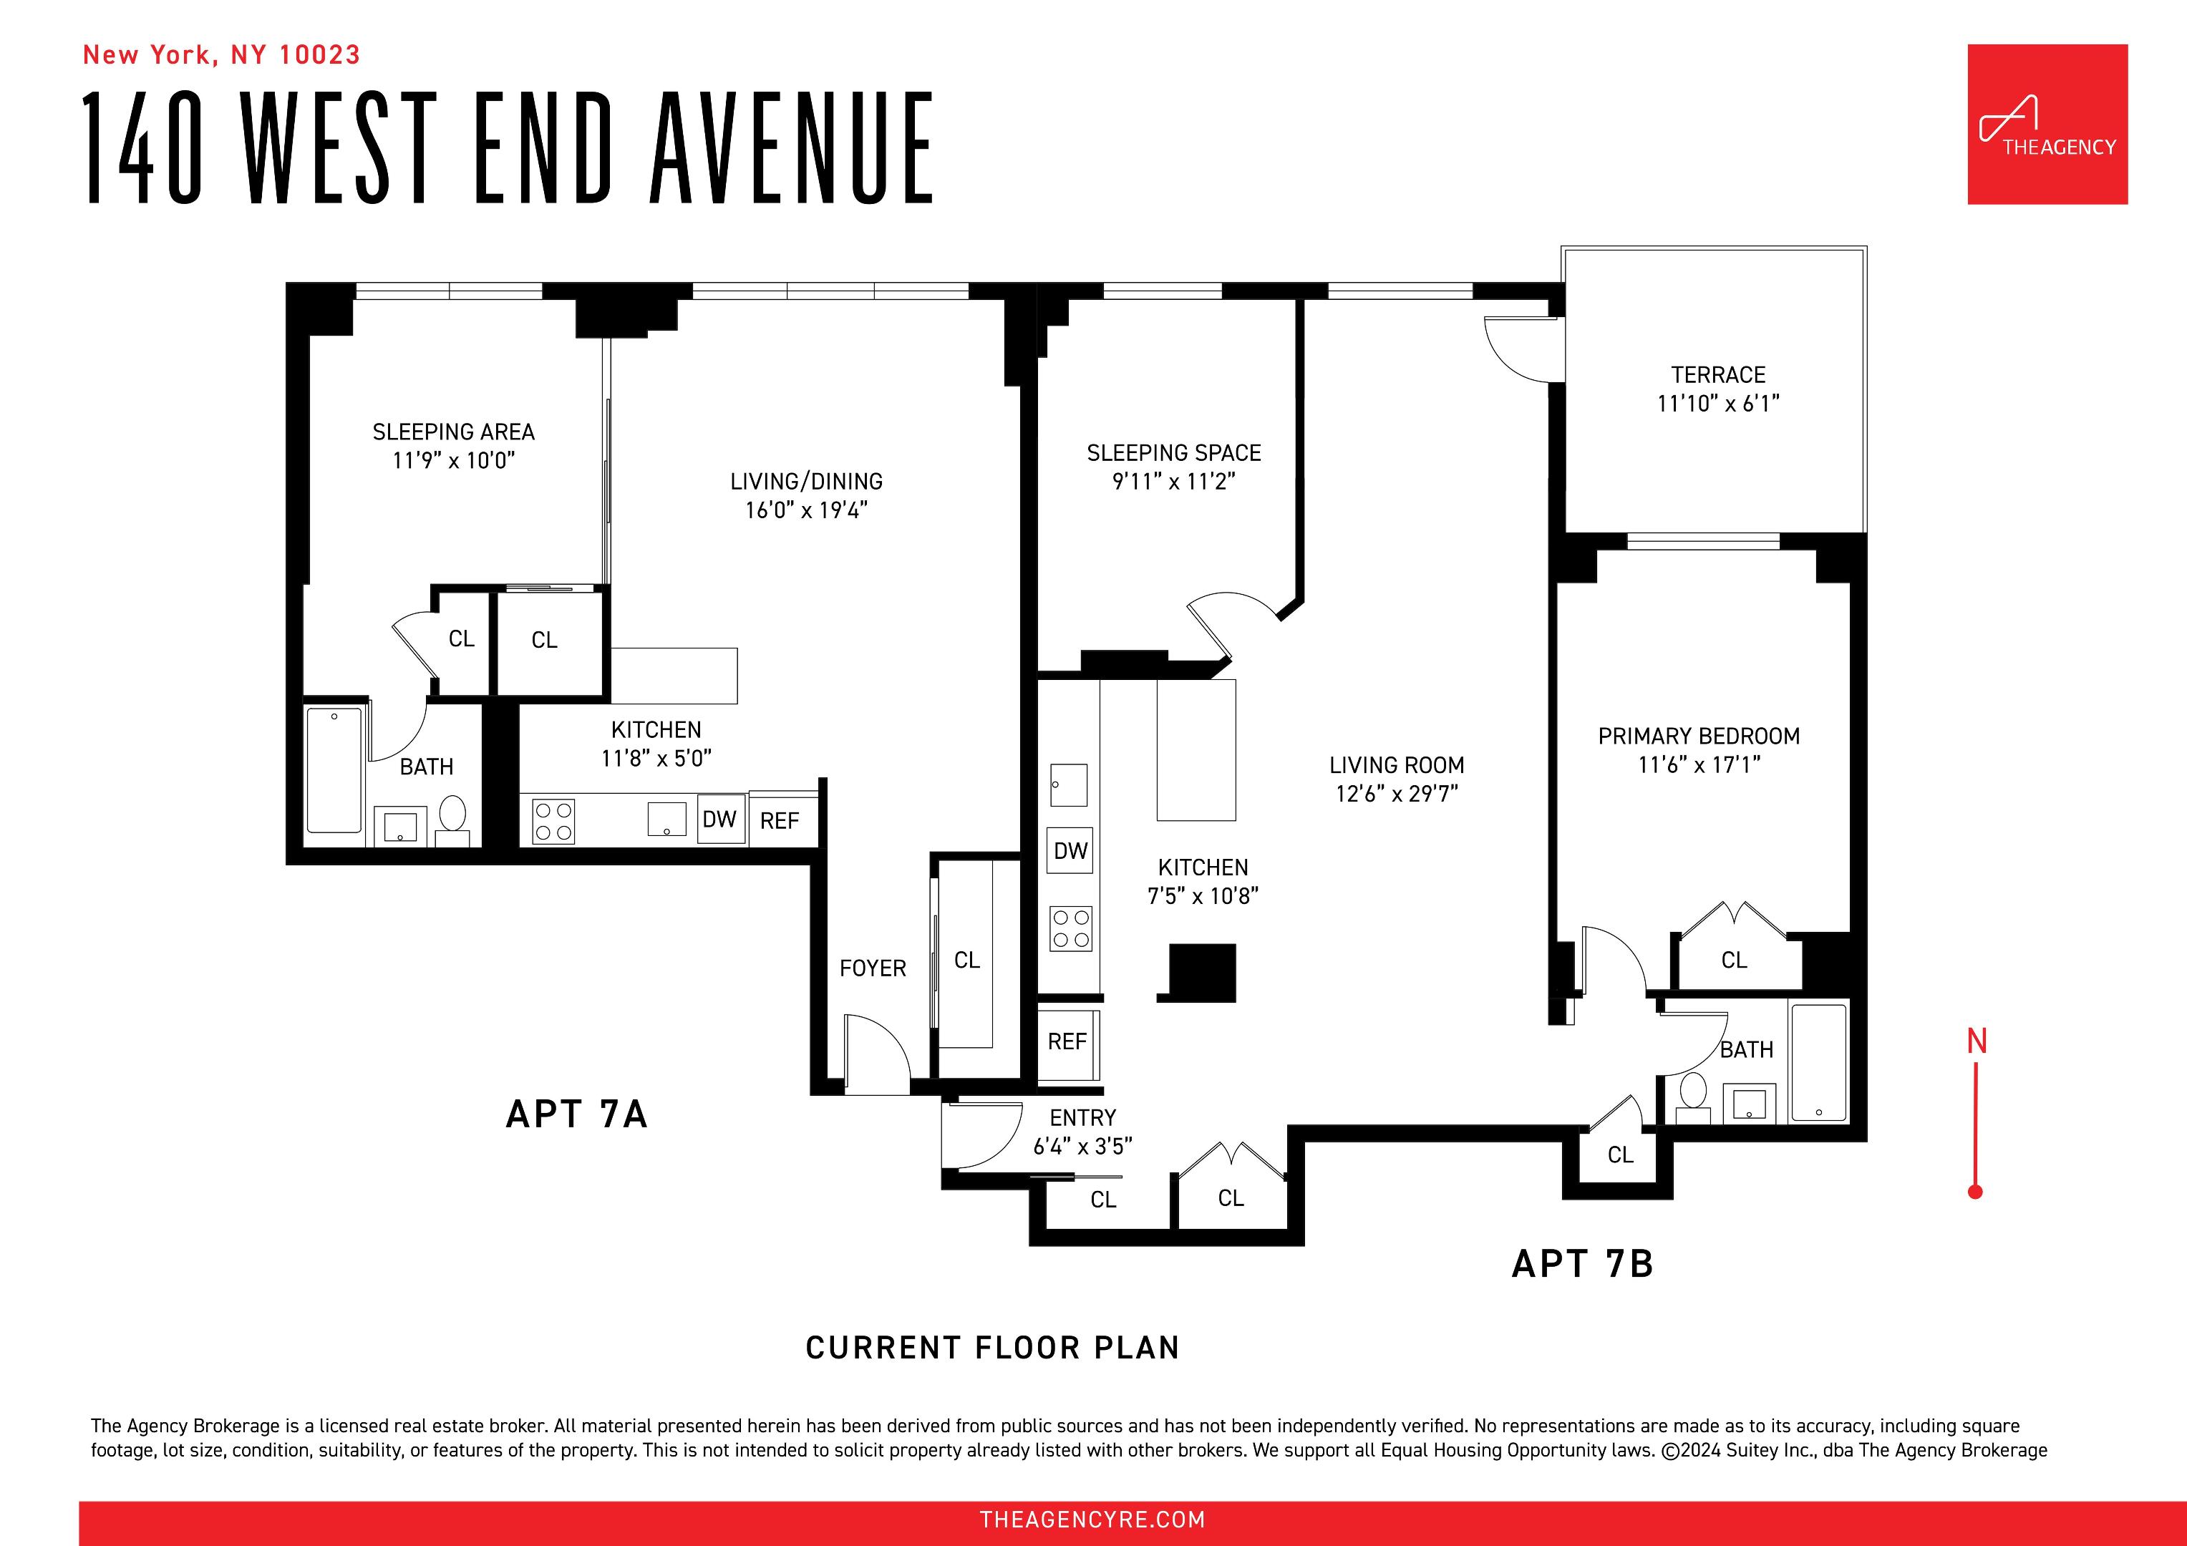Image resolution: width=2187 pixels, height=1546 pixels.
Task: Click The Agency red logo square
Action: pos(2047,124)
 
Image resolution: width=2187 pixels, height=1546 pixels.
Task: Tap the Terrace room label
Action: pos(1717,375)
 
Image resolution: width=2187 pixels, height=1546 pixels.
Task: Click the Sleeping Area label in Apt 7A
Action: pos(453,432)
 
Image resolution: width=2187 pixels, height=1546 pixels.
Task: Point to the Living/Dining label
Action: pos(806,482)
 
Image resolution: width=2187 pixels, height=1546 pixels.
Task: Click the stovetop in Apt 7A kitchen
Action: pos(553,821)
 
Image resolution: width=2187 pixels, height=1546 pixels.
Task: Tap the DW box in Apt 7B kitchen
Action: pos(1071,850)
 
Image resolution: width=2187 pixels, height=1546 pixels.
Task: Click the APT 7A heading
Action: pos(576,1114)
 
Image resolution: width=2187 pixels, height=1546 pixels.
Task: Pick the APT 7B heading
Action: pos(1582,1264)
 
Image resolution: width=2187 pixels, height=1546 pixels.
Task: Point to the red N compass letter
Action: pos(1977,1042)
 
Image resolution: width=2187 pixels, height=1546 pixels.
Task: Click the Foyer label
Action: pos(873,968)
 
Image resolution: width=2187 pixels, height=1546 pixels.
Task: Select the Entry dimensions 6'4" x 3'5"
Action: pos(1082,1147)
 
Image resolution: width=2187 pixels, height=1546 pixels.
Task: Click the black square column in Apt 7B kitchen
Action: pos(1202,971)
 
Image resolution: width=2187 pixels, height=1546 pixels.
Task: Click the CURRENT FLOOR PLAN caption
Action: pos(992,1348)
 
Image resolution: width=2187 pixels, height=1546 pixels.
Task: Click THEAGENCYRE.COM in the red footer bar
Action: pos(1092,1520)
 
